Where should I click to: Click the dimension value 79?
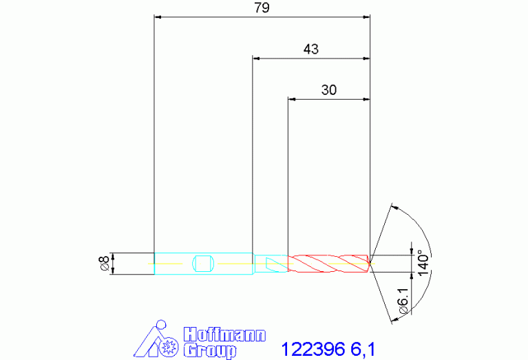point(262,7)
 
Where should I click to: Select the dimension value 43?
point(310,49)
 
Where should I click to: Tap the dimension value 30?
point(328,90)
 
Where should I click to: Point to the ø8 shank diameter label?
point(104,264)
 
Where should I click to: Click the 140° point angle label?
point(423,263)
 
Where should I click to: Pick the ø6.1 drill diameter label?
point(403,301)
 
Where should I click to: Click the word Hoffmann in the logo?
point(224,335)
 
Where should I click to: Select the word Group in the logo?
point(210,350)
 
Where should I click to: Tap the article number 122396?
point(313,349)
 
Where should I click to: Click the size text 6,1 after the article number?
point(363,350)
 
